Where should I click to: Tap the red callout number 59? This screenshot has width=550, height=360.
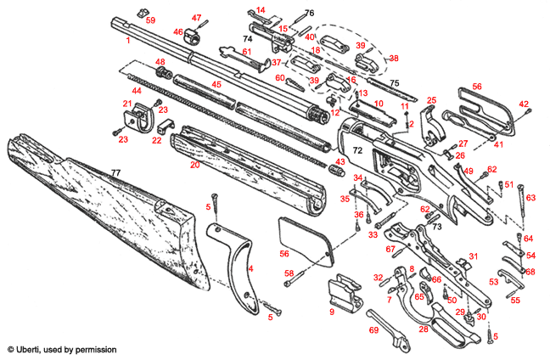click(x=150, y=19)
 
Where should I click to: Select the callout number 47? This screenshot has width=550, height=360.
click(x=196, y=18)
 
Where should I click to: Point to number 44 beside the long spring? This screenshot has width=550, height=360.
click(x=135, y=90)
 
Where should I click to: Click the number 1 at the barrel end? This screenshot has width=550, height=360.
click(x=127, y=40)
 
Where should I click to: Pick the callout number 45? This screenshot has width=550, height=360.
click(x=216, y=84)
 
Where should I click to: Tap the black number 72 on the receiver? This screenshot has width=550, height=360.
click(x=358, y=149)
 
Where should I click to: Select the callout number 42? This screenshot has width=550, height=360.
click(x=524, y=104)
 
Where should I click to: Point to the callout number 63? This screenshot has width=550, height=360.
click(x=531, y=198)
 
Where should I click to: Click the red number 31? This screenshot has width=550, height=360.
click(x=474, y=255)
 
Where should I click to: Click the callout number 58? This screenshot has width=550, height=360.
click(x=289, y=273)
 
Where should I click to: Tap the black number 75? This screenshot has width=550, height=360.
click(x=394, y=82)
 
